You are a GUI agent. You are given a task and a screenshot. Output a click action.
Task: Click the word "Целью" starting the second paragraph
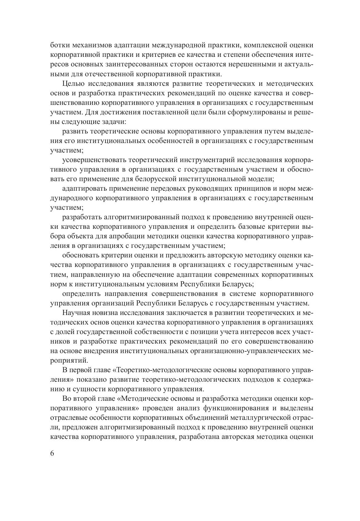click(x=73, y=84)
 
